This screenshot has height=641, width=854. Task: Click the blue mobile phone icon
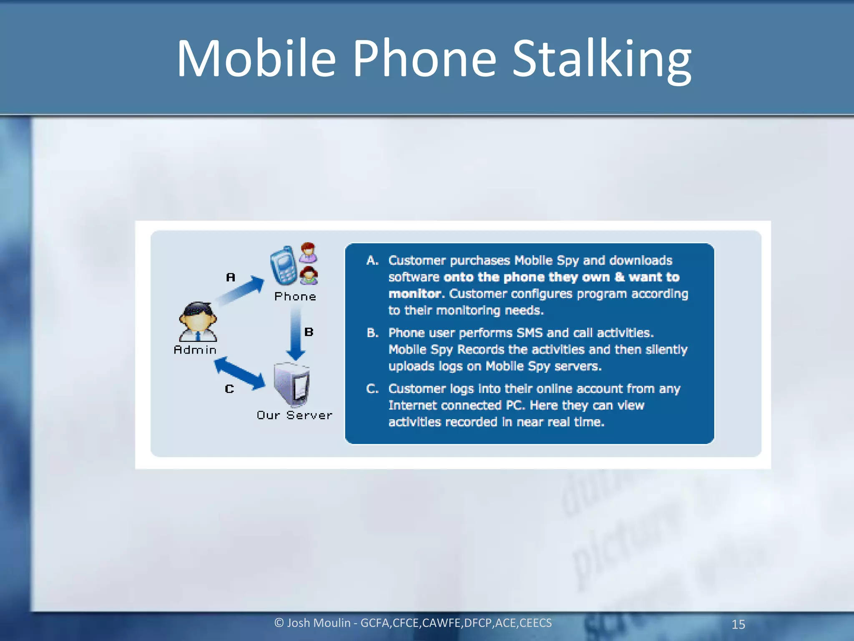[283, 265]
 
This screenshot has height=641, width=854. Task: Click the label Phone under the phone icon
[295, 297]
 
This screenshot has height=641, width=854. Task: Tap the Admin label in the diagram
[195, 350]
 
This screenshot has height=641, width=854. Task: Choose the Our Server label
[294, 415]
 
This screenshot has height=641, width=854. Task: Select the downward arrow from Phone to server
[296, 334]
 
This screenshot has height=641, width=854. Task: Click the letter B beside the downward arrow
[309, 332]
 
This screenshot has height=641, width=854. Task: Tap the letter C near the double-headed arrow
[229, 389]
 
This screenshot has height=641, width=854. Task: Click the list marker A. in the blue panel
[372, 261]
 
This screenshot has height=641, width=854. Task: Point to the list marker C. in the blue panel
[372, 389]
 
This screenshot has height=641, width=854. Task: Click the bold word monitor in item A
[414, 294]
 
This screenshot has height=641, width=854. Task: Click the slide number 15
[738, 624]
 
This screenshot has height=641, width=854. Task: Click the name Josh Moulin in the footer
[319, 623]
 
